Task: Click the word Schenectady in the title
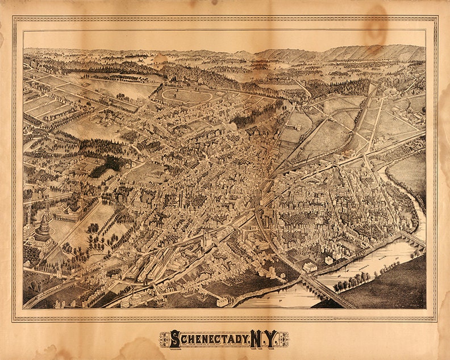click(x=207, y=340)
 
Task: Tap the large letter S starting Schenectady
click(x=175, y=340)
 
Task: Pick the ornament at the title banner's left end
click(x=164, y=340)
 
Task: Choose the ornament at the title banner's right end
click(x=284, y=340)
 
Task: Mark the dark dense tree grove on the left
click(x=108, y=165)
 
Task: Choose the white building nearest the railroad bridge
click(x=310, y=266)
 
